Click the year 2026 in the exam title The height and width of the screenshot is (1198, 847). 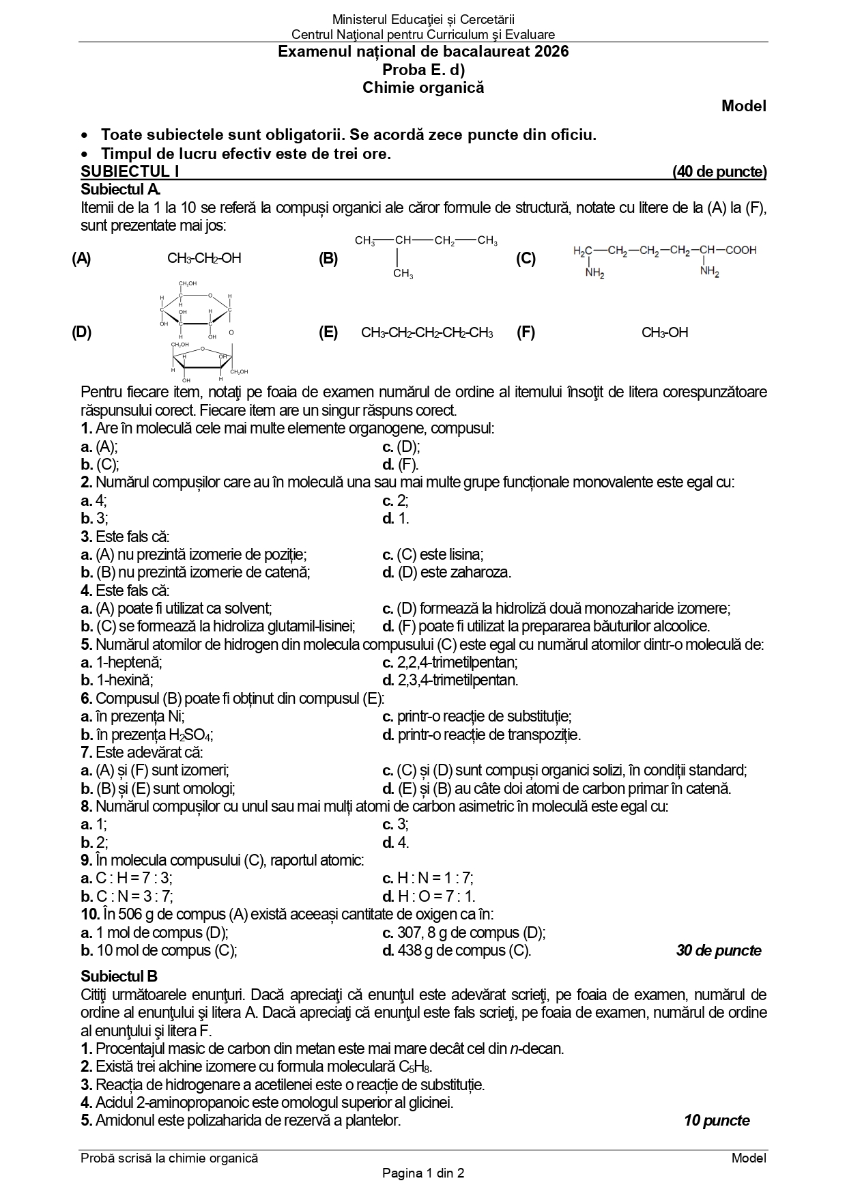[552, 52]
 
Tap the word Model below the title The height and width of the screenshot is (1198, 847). [744, 106]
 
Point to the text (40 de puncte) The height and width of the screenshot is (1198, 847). [719, 171]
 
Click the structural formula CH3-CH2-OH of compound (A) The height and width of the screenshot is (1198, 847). [204, 259]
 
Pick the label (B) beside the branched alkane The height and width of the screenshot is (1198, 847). [328, 259]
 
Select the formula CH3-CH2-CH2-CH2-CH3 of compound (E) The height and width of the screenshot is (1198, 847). [427, 333]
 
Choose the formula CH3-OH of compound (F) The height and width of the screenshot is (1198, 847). [665, 333]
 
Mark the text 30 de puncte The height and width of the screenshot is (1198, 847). [718, 950]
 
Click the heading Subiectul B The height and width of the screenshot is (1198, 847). [119, 976]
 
